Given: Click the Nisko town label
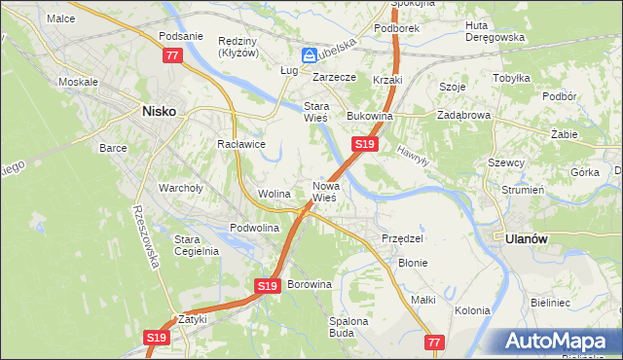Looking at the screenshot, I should tap(159, 111).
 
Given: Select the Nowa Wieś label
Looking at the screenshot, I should tap(325, 191).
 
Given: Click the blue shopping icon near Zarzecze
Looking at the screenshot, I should tap(310, 55).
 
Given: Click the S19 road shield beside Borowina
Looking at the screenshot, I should tap(270, 285).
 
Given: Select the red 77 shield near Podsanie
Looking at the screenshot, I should tap(172, 55).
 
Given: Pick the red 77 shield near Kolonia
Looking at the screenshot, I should tap(435, 342).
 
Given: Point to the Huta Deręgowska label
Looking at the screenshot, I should tap(495, 31).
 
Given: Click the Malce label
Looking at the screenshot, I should tap(60, 18).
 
